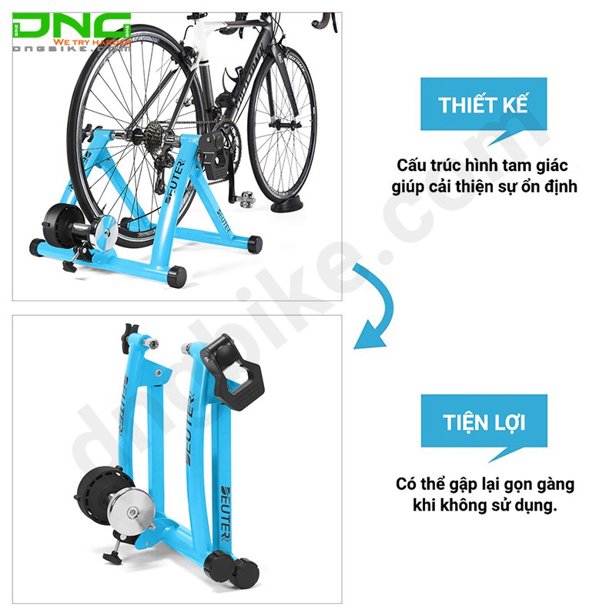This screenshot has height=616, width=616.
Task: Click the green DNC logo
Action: [73, 28]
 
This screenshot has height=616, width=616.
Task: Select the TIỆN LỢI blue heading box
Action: [484, 423]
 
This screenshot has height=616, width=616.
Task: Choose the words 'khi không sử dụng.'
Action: [484, 507]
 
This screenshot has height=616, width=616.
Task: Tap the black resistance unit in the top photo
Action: [59, 224]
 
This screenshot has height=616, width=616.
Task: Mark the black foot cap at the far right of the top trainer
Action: [254, 243]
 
